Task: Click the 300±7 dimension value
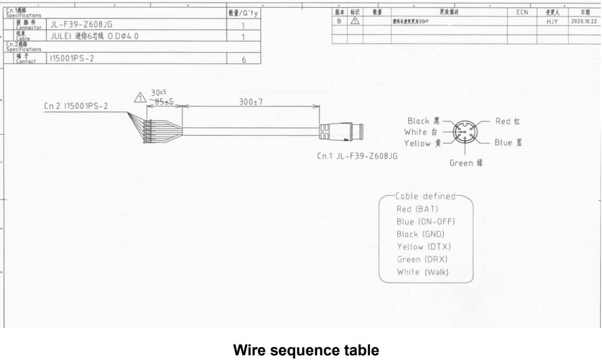[x=251, y=102]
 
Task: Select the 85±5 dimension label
[x=164, y=102]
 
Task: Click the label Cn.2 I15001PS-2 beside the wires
[x=76, y=106]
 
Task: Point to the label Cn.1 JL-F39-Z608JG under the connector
[x=357, y=156]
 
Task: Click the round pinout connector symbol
[x=465, y=133]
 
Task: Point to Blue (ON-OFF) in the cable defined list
[x=426, y=222]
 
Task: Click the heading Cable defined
[x=426, y=196]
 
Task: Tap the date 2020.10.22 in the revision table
[x=584, y=22]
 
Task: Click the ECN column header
[x=522, y=12]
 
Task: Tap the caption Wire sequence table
[x=306, y=350]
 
